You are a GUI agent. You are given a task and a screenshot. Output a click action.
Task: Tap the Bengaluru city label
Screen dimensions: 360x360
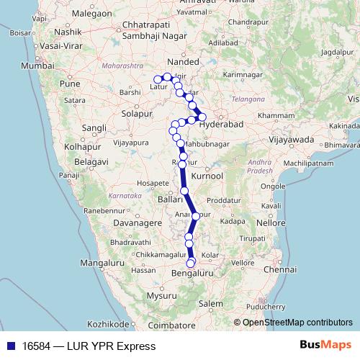(x=193, y=274)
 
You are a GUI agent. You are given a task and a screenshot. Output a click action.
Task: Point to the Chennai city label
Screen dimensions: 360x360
(x=281, y=269)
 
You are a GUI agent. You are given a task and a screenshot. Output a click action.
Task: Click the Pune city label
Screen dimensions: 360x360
(x=70, y=84)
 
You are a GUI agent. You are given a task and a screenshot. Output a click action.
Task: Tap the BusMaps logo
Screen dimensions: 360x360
(x=328, y=346)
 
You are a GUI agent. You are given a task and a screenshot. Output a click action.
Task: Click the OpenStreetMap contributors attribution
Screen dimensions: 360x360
(x=297, y=323)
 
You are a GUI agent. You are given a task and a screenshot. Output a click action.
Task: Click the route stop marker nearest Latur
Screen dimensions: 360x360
(x=158, y=79)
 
